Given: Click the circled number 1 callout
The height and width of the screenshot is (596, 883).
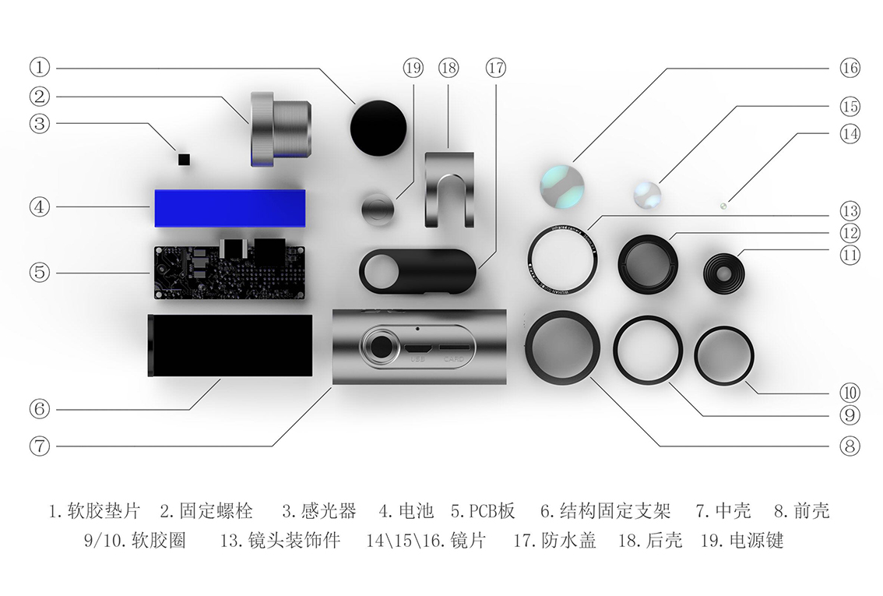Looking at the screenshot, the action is (x=40, y=67).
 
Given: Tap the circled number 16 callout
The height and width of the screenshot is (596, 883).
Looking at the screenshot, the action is (x=850, y=68).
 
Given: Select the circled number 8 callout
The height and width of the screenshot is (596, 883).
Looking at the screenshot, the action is (x=850, y=446).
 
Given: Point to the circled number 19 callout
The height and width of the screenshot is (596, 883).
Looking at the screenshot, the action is (x=413, y=68).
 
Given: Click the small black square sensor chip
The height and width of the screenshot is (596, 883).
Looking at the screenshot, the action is (x=185, y=160).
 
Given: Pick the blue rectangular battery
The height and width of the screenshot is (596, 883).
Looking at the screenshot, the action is (x=230, y=207).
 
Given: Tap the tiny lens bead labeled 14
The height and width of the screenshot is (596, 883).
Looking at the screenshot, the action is (x=723, y=206).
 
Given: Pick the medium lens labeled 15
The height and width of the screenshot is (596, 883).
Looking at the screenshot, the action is (x=648, y=194).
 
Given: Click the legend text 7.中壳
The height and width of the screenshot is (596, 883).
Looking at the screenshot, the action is (x=723, y=511).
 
